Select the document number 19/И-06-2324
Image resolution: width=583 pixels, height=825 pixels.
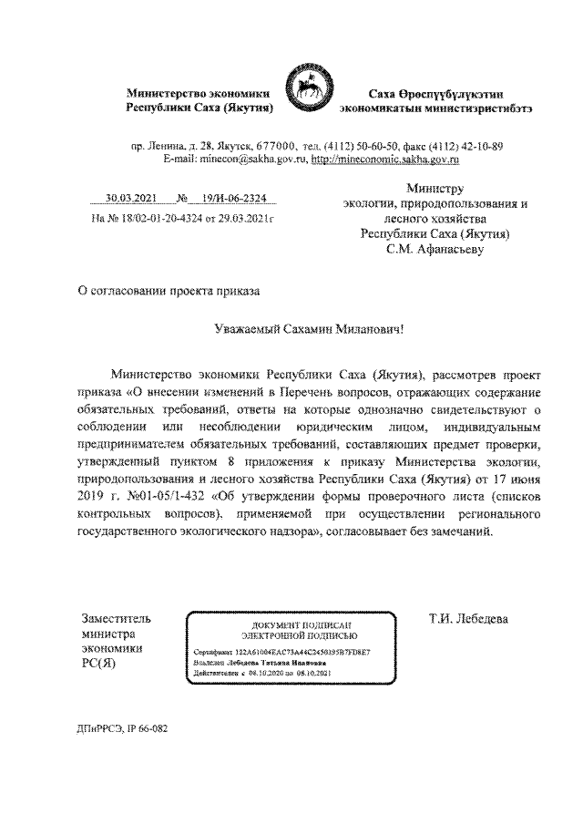coord(235,198)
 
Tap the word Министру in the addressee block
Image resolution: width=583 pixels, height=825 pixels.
coord(435,187)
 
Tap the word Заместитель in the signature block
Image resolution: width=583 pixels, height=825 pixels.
coord(117,620)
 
